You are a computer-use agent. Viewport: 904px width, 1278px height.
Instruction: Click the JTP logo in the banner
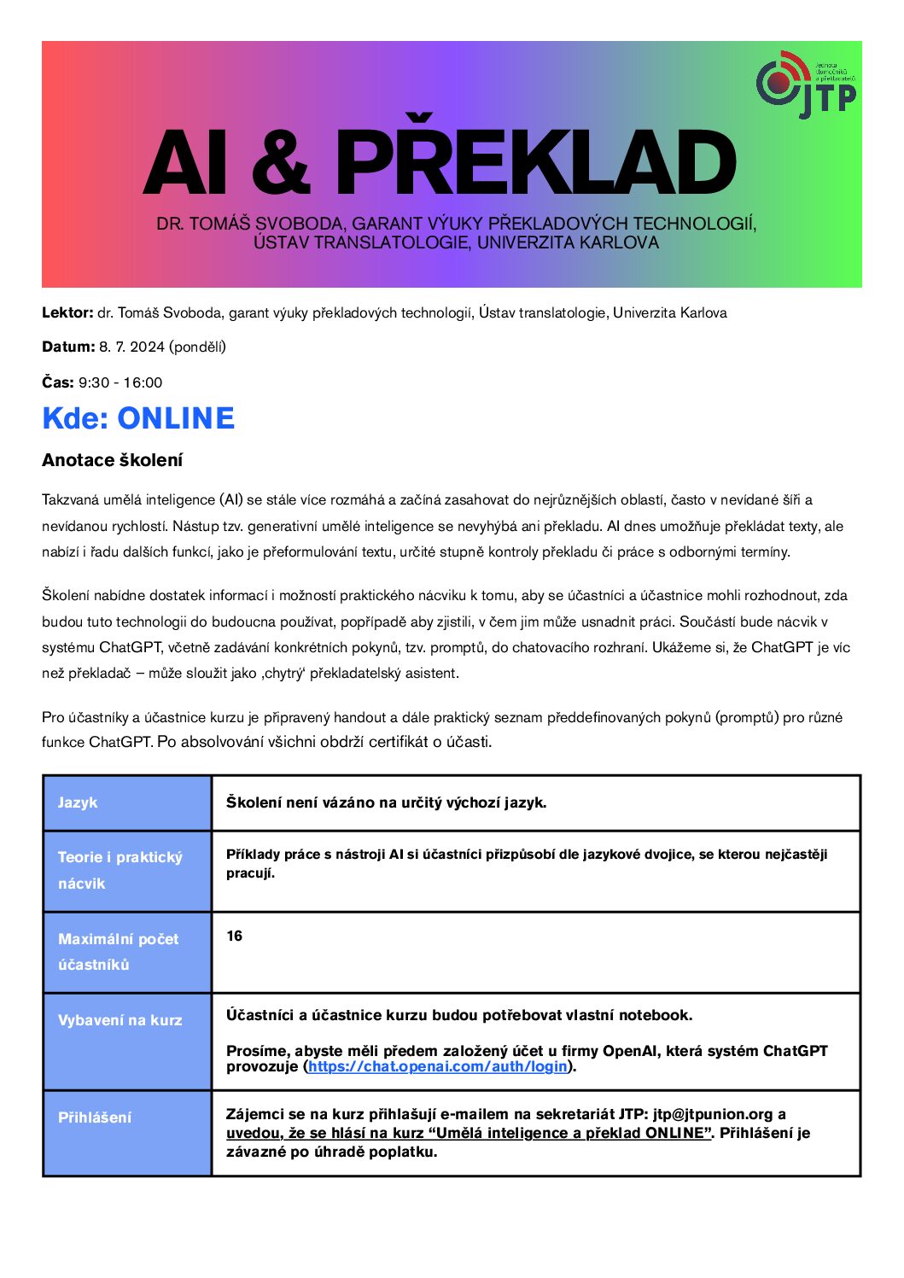(805, 85)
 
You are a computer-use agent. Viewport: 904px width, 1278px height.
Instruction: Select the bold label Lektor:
(67, 312)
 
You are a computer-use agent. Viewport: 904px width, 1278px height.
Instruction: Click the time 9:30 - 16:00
(120, 382)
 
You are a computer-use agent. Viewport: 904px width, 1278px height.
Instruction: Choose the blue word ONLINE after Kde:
(176, 418)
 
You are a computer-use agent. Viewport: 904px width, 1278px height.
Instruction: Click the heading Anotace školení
(113, 460)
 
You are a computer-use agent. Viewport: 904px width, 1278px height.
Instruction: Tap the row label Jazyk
(78, 802)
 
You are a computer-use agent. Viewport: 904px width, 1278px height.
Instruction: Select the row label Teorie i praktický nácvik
(120, 870)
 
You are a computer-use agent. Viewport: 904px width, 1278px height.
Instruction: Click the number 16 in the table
(235, 936)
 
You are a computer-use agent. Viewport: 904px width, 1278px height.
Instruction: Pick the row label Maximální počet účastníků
(118, 951)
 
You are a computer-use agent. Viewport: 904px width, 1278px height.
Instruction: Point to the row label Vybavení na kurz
(120, 1020)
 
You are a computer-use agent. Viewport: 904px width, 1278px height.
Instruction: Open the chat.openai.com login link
(438, 1066)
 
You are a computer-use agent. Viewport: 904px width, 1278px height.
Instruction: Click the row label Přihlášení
(95, 1118)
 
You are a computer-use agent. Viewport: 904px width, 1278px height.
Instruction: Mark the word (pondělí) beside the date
(198, 347)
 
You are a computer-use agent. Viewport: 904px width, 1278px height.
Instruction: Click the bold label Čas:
(58, 382)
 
